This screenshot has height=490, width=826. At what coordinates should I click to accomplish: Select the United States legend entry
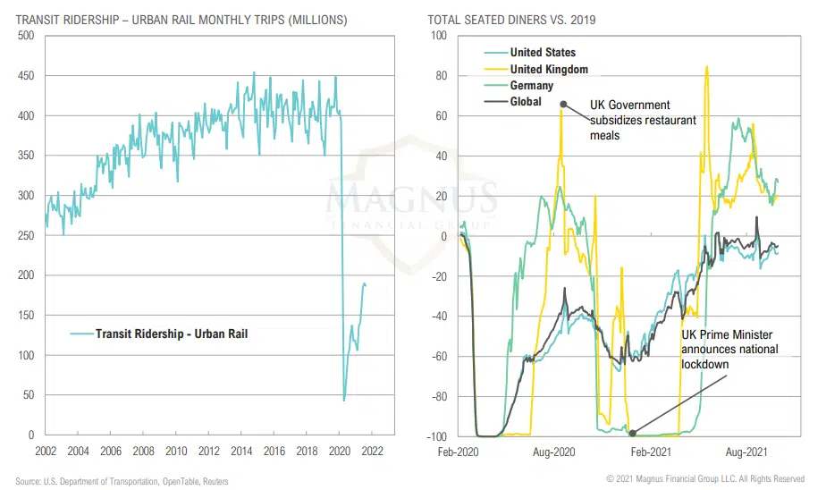tap(543, 53)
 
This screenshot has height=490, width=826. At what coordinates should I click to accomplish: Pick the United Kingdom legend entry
tap(548, 69)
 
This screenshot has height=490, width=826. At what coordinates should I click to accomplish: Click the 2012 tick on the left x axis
tap(209, 452)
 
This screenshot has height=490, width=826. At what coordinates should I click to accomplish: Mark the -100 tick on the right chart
tap(439, 435)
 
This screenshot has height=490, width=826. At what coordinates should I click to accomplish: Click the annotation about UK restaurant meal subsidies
tap(643, 120)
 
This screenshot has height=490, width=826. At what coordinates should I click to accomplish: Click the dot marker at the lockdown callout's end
tap(633, 434)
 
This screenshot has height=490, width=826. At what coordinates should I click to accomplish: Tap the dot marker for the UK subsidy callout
tap(563, 104)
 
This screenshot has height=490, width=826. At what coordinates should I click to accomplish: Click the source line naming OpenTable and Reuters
tap(122, 481)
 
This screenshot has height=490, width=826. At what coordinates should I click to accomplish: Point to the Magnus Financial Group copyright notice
tap(705, 480)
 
